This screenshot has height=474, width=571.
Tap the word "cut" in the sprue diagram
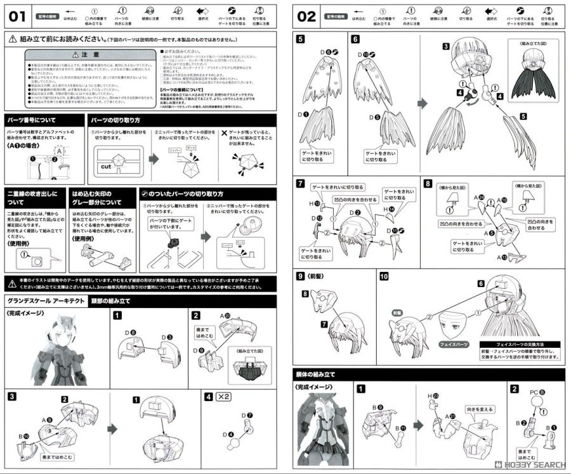pyautogui.click(x=106, y=167)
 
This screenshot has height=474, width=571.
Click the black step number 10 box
pyautogui.click(x=384, y=277)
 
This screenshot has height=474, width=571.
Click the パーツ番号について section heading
pyautogui.click(x=31, y=120)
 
